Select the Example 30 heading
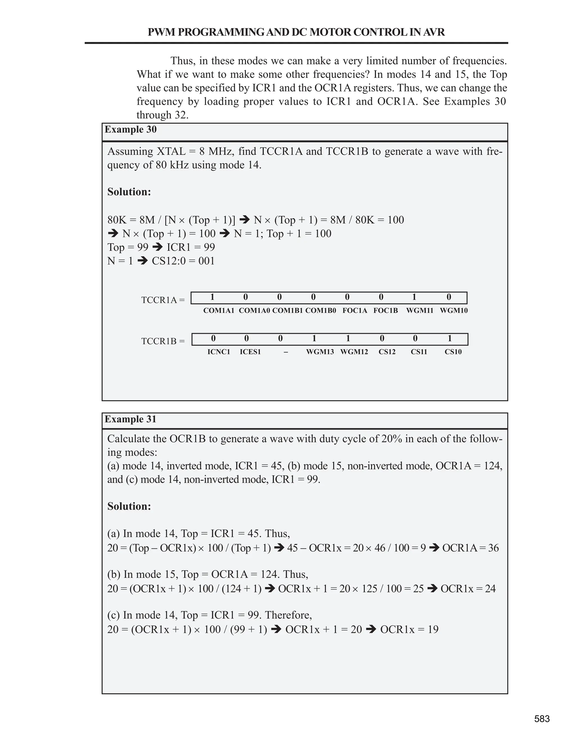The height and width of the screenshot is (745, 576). click(131, 130)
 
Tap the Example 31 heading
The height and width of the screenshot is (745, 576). click(130, 419)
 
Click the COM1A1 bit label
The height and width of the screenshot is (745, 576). click(219, 310)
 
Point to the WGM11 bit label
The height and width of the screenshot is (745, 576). click(420, 310)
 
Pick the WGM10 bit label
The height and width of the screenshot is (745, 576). click(453, 310)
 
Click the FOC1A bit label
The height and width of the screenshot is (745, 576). click(355, 310)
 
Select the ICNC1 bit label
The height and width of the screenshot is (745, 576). click(219, 352)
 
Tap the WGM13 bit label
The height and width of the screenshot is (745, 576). click(320, 352)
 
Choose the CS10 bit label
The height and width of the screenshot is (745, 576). click(453, 352)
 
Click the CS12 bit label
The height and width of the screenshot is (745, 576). click(387, 352)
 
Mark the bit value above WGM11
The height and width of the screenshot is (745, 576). click(414, 297)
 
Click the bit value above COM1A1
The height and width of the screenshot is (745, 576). click(212, 297)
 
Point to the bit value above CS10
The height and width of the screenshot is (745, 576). click(450, 338)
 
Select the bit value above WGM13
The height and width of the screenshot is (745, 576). click(314, 338)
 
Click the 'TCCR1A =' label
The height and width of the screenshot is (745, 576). click(163, 300)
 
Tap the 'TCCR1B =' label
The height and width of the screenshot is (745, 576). click(163, 341)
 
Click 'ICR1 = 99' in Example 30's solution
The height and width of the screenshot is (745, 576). click(191, 247)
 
